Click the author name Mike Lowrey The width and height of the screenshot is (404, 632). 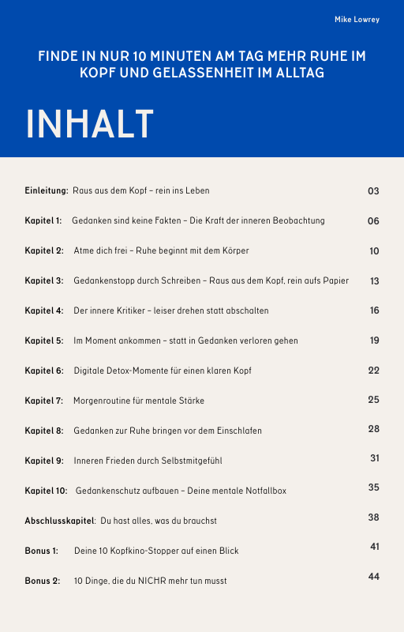pyautogui.click(x=357, y=20)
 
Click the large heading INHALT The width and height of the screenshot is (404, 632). pyautogui.click(x=89, y=125)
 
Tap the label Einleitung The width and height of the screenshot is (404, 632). pyautogui.click(x=47, y=191)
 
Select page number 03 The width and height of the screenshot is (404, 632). pyautogui.click(x=374, y=191)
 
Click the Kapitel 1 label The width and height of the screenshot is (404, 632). pyautogui.click(x=43, y=221)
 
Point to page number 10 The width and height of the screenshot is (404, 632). pyautogui.click(x=374, y=251)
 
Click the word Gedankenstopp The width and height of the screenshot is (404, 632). pyautogui.click(x=100, y=281)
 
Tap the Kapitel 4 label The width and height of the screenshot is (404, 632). pyautogui.click(x=44, y=311)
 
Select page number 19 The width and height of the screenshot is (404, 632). pyautogui.click(x=375, y=340)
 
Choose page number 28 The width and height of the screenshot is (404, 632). pyautogui.click(x=374, y=429)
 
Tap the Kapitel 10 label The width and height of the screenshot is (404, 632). pyautogui.click(x=46, y=491)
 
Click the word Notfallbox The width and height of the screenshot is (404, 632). pyautogui.click(x=266, y=491)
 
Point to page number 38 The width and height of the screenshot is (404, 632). pyautogui.click(x=374, y=517)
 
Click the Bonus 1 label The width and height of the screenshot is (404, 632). pyautogui.click(x=42, y=551)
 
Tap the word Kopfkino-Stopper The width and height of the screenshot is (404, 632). pyautogui.click(x=147, y=551)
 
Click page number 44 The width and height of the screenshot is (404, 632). pyautogui.click(x=374, y=577)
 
